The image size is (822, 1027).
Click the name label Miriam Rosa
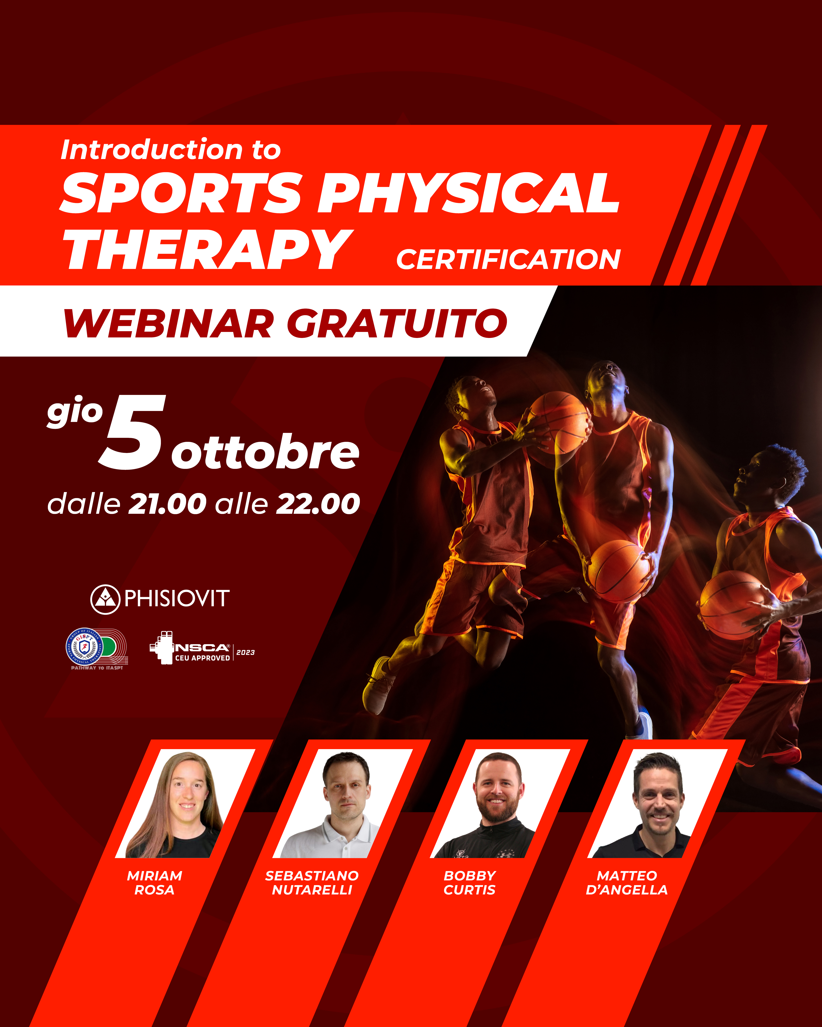click(x=154, y=883)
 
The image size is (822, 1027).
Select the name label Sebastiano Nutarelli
click(x=312, y=883)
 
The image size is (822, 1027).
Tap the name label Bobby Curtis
click(x=470, y=883)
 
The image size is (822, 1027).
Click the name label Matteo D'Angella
click(x=627, y=883)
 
